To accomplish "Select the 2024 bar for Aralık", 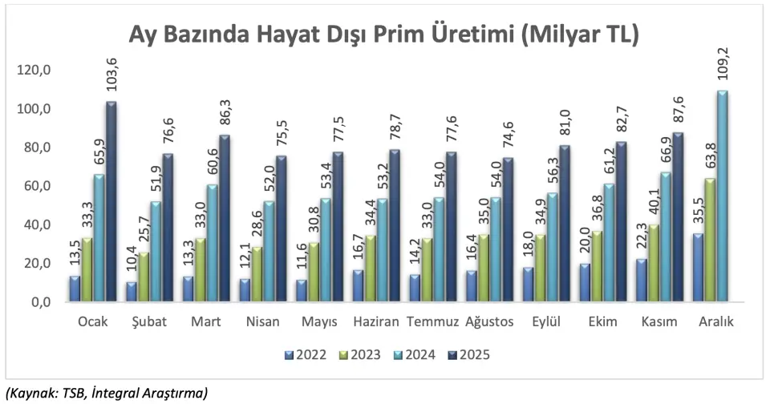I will tap(722, 196).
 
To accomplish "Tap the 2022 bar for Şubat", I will tap(130, 292).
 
